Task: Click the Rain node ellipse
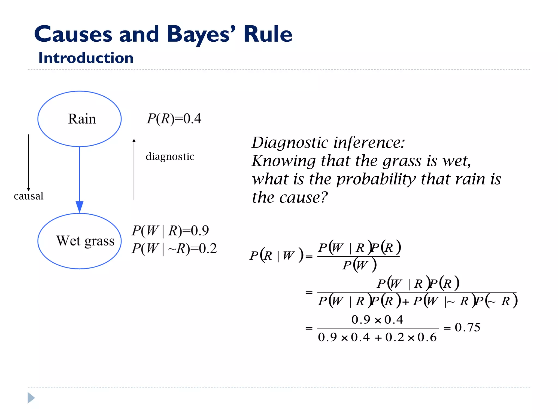point(79,119)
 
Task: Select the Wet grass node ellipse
point(79,241)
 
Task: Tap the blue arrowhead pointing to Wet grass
point(79,207)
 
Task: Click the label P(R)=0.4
point(174,119)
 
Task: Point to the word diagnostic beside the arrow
point(170,157)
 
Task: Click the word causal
point(29,196)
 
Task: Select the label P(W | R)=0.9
point(170,231)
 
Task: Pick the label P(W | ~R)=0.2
point(174,248)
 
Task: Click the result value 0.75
point(467,327)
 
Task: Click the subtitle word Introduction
point(86,58)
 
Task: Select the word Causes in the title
point(73,35)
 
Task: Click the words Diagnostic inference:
point(328,143)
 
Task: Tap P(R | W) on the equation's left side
point(276,256)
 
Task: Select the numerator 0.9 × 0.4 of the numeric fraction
point(377,320)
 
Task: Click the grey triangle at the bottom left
point(31,398)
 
